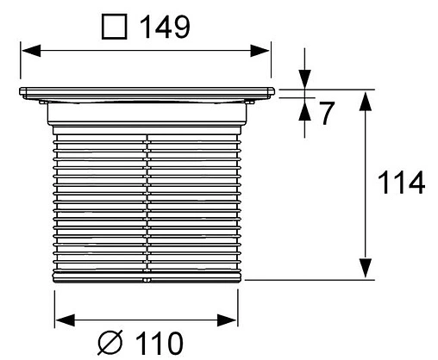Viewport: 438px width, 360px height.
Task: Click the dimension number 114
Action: tap(402, 183)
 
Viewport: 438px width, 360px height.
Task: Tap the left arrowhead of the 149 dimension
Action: tap(28, 53)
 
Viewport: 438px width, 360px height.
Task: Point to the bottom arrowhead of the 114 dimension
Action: tap(366, 269)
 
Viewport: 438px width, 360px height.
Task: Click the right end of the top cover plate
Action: tap(272, 92)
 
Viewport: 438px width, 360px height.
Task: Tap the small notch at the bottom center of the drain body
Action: tap(147, 279)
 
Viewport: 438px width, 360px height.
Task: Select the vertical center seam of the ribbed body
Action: tap(147, 198)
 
